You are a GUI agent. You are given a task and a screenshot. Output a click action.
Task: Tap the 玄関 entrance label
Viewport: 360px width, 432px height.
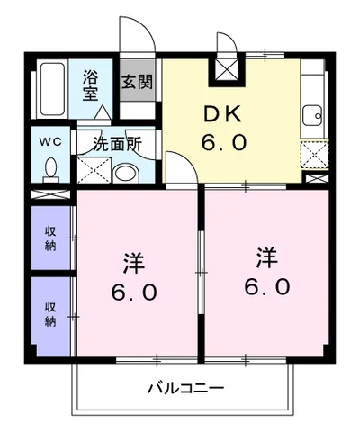[137, 82]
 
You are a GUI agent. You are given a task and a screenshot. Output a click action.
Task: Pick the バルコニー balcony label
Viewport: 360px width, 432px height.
[185, 389]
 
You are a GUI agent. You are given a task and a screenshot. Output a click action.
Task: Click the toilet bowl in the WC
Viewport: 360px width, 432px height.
[50, 169]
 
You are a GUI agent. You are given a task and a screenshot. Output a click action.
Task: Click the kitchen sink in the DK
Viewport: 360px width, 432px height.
[313, 114]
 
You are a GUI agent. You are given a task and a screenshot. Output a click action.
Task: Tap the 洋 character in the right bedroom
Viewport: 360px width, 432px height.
[265, 258]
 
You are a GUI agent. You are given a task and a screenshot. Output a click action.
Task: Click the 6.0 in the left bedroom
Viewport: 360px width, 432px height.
[135, 293]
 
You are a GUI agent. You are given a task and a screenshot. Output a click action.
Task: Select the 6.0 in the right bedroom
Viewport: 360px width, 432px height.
[265, 287]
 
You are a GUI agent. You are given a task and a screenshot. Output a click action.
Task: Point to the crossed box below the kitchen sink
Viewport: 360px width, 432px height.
[313, 156]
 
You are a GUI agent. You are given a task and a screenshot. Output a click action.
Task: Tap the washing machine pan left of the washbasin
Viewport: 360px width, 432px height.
[94, 169]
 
